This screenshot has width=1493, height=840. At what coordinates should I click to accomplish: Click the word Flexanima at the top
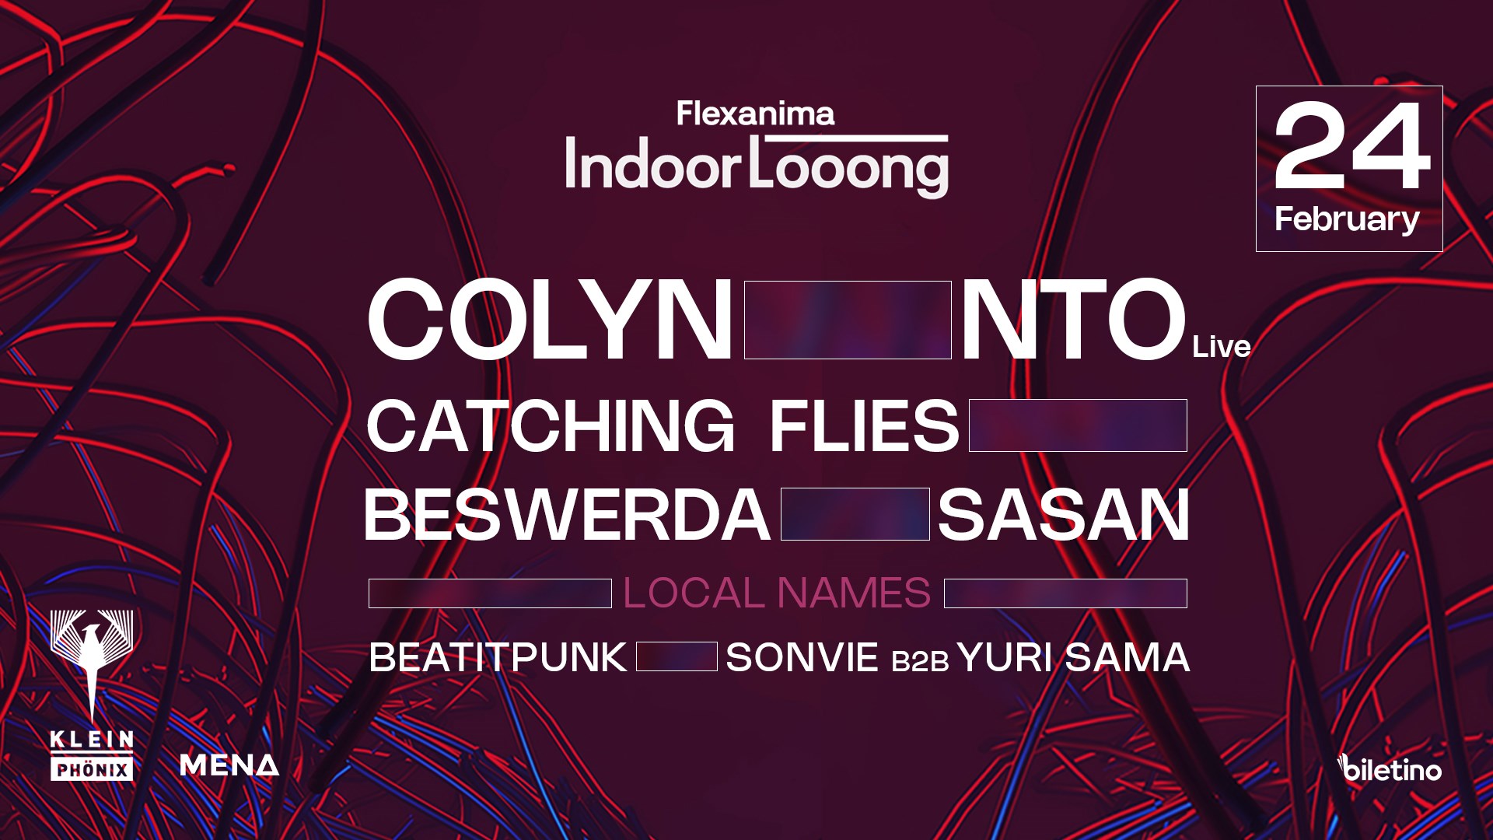755,114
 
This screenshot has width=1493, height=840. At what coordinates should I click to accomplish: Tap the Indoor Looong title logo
757,166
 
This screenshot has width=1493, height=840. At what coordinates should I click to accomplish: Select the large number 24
1351,145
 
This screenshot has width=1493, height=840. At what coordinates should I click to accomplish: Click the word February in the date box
1347,220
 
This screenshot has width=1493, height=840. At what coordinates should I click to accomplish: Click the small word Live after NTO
1221,347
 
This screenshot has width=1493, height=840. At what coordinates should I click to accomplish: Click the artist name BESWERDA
567,514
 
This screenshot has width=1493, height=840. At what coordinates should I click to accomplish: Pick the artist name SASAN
1064,514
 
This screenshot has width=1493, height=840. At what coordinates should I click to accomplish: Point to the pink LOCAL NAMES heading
777,593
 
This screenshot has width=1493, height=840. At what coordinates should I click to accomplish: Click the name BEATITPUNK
498,657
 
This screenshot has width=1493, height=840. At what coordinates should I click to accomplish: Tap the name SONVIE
802,657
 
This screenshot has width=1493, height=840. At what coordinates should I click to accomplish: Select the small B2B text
920,661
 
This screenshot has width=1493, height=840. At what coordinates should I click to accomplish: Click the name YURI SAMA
1073,657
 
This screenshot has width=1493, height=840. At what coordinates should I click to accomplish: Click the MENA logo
229,765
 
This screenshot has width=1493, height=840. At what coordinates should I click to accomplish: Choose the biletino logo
1390,768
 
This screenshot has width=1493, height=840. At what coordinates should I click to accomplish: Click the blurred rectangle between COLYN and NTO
848,320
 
